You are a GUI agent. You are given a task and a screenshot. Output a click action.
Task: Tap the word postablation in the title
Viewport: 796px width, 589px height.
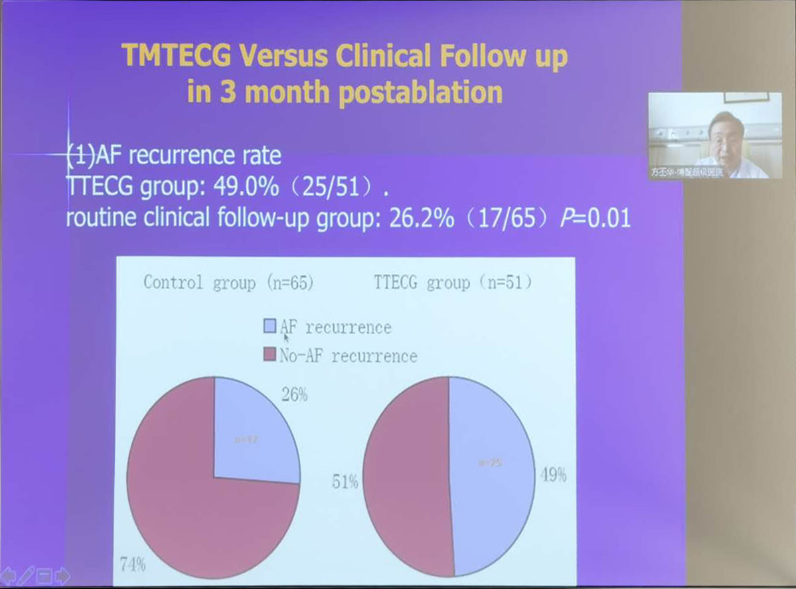tap(420, 92)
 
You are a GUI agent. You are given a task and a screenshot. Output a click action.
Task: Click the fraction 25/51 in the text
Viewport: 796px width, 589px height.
tap(331, 187)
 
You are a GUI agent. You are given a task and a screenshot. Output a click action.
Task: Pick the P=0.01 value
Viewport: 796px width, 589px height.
tap(595, 219)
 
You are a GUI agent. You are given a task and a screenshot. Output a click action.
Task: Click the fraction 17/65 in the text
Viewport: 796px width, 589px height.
tap(509, 219)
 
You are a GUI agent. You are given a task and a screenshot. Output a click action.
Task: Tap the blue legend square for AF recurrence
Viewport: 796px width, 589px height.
tap(270, 326)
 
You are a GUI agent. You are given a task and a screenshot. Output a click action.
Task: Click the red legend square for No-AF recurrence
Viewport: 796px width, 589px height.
tap(270, 355)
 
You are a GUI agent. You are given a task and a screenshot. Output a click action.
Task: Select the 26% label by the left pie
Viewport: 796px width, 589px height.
tap(295, 395)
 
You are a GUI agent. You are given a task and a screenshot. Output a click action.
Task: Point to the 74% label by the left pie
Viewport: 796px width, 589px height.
tap(133, 566)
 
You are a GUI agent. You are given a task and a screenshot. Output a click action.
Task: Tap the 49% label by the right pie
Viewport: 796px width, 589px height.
tap(553, 475)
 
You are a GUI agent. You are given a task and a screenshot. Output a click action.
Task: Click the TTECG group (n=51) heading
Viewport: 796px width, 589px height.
tap(453, 283)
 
